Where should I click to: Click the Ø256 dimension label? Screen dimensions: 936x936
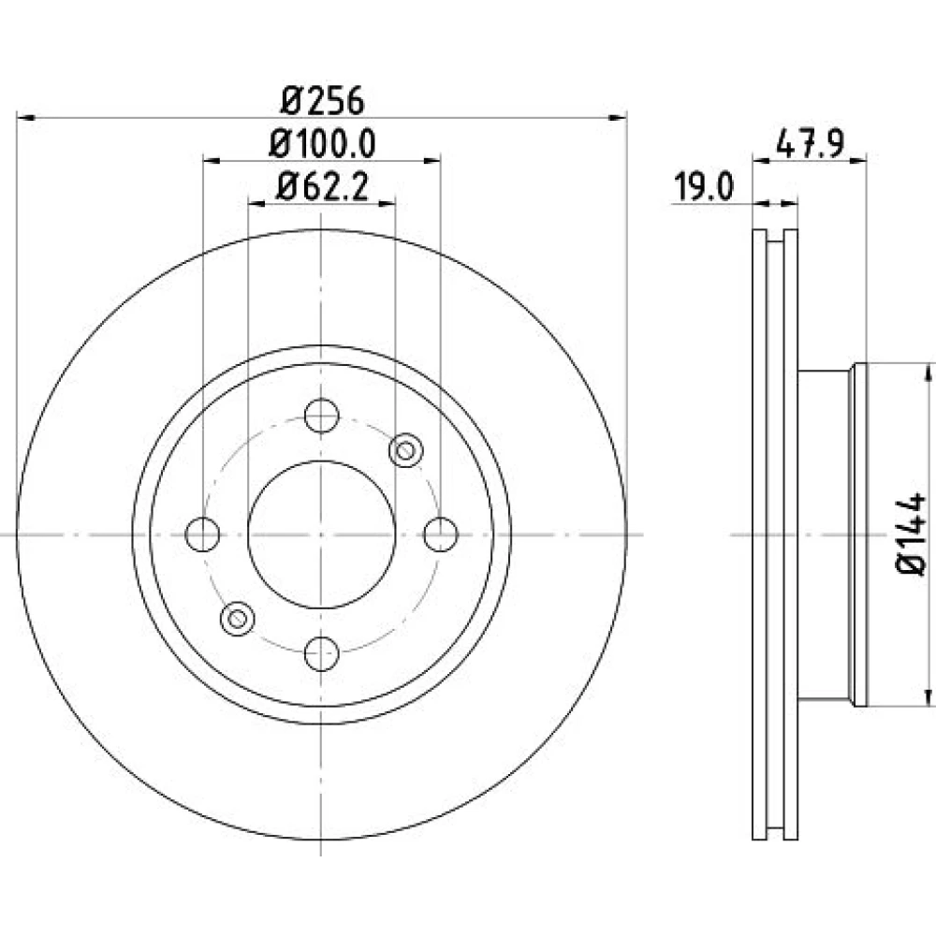322,100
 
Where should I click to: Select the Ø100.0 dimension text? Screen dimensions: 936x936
322,144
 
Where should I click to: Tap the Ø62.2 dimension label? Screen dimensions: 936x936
322,187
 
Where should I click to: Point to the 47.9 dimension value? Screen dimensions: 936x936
810,144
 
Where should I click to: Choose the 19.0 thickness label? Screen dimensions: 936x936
703,187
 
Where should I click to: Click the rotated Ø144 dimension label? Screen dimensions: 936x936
911,534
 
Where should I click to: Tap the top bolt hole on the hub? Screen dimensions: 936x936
322,416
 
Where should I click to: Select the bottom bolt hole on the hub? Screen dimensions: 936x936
322,653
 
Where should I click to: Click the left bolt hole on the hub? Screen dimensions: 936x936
202,534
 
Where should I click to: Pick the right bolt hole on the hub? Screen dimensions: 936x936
441,534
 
